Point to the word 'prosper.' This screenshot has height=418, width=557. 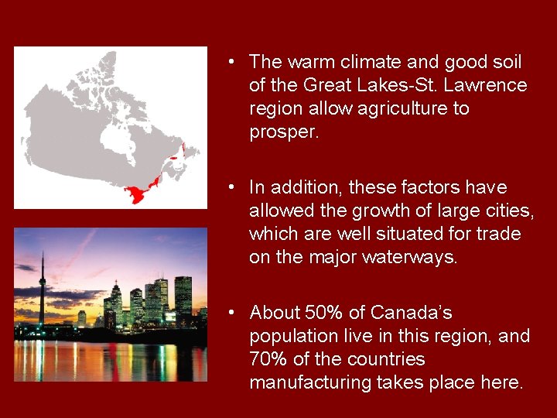tap(284, 132)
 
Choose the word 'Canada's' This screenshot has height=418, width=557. tap(412, 313)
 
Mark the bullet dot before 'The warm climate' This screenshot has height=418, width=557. tap(231, 62)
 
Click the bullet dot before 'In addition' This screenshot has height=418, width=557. tap(231, 187)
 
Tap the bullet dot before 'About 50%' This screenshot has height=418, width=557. tap(231, 313)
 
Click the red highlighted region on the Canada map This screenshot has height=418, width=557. tap(139, 193)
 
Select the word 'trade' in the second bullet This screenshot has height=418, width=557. tap(500, 234)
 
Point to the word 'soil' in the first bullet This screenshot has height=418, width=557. tap(506, 62)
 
